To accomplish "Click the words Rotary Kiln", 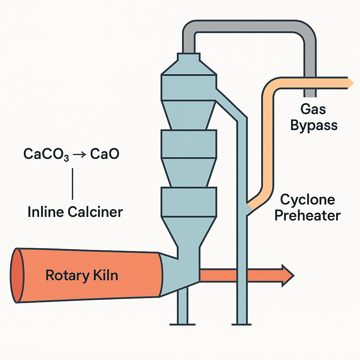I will click(82, 275).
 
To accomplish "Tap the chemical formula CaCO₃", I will click(46, 154).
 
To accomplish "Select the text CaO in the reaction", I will click(105, 154).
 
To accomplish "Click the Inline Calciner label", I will click(75, 212).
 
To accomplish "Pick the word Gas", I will click(314, 110).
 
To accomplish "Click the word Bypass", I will click(314, 125).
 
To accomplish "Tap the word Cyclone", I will click(307, 200).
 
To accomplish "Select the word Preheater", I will click(307, 215).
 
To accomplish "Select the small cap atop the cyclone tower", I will click(188, 58).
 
